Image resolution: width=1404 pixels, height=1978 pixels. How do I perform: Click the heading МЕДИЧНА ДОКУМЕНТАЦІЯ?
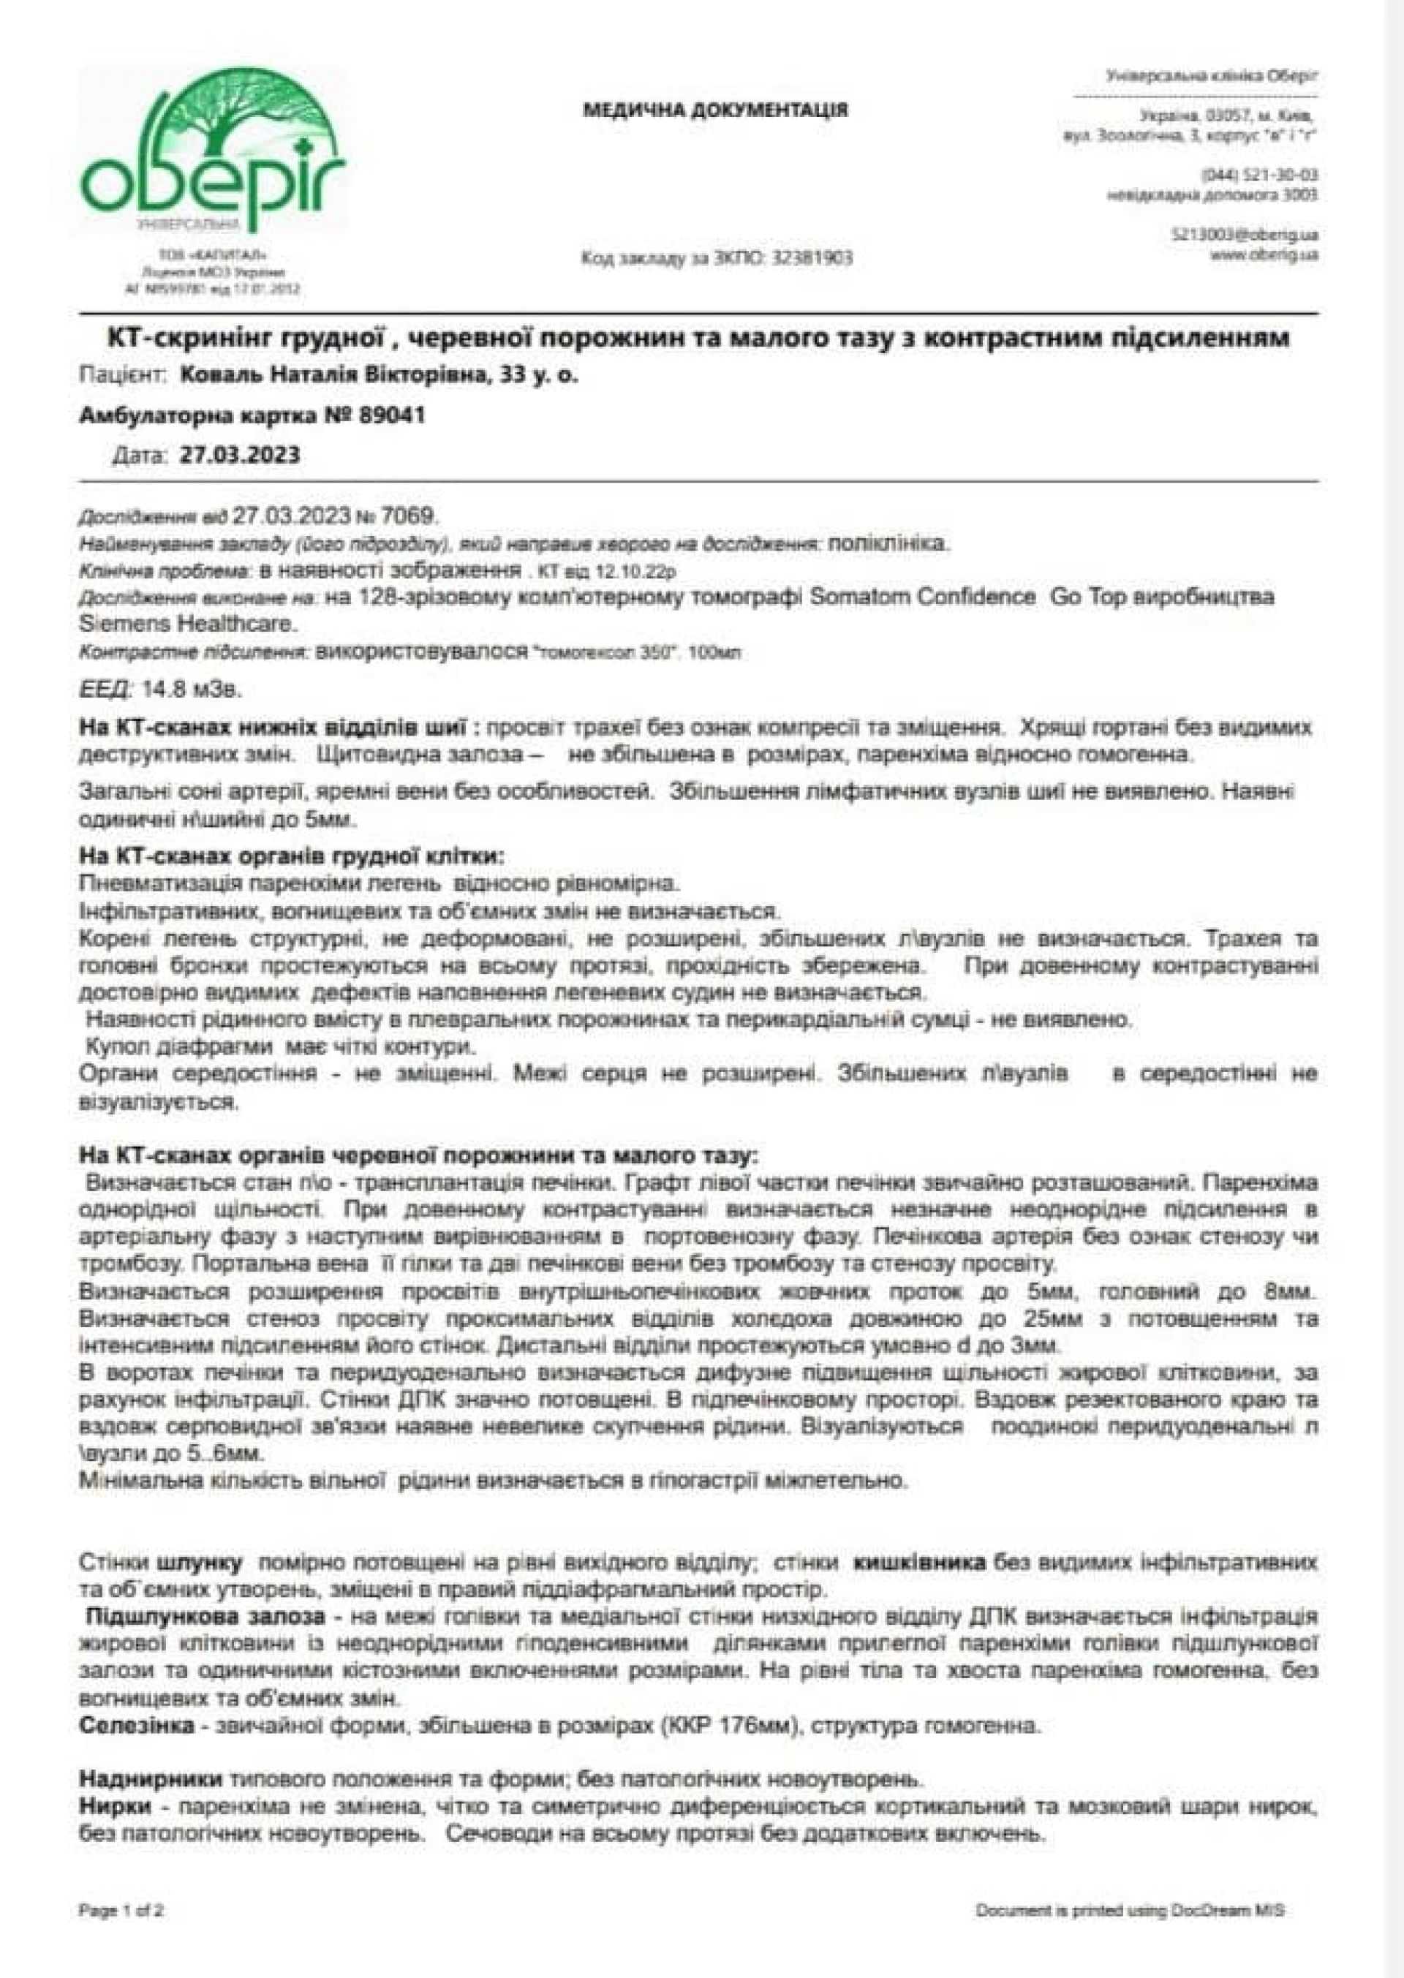pos(716,110)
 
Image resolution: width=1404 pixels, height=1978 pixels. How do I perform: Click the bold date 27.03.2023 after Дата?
pos(239,456)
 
